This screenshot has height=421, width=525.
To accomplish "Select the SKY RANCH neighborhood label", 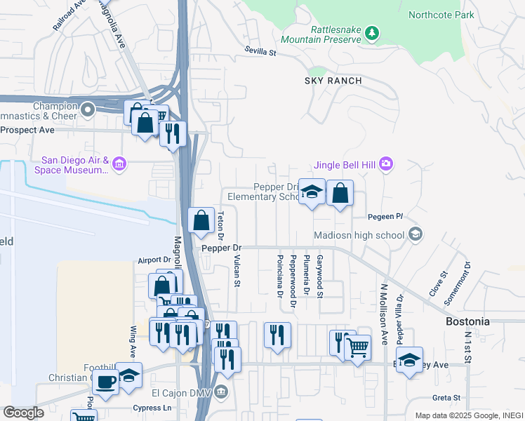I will coord(333,81).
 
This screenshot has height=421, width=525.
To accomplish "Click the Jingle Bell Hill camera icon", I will coord(385,164).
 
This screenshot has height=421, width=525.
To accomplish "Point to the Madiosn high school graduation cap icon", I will coord(415,234).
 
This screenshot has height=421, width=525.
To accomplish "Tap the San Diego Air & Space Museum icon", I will coord(119,164).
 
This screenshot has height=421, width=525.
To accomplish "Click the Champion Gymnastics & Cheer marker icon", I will coord(88,109).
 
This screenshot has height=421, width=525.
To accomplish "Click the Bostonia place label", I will coord(468,321).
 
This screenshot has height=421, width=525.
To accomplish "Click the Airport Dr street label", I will coord(154,260).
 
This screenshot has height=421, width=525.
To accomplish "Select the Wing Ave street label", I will coord(132,338).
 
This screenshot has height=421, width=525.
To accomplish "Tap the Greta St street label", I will coord(446,398).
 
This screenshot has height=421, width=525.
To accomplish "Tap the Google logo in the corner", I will coord(23,413).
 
